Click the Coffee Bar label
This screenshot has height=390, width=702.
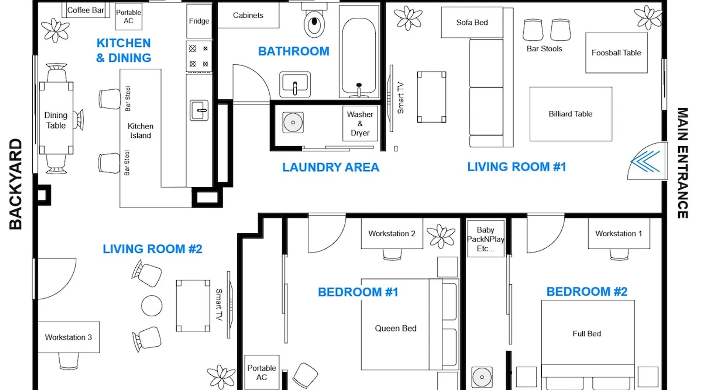pos(85,10)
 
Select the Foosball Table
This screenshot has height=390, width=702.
pos(616,53)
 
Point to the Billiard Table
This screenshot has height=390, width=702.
pos(571,114)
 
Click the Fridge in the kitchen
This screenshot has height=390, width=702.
pos(199,21)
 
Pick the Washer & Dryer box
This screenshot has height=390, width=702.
pos(360,123)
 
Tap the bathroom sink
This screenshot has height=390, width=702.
pos(295,84)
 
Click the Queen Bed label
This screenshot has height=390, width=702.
pos(395,328)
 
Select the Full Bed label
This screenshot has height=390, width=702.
pos(587,334)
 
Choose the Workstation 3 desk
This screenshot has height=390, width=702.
pos(69,337)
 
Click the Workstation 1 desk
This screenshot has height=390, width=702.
pos(619,233)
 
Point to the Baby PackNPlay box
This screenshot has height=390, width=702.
pos(486,239)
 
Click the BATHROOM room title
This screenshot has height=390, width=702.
pos(294,51)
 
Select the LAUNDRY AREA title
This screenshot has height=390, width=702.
pos(331,167)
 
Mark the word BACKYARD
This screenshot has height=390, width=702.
pos(16,184)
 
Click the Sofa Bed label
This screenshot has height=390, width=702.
pos(472,23)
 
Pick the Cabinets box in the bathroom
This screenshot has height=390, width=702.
pos(248,15)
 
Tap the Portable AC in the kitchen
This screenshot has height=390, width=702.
pos(128,17)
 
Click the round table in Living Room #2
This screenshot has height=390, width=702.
pos(152,305)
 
